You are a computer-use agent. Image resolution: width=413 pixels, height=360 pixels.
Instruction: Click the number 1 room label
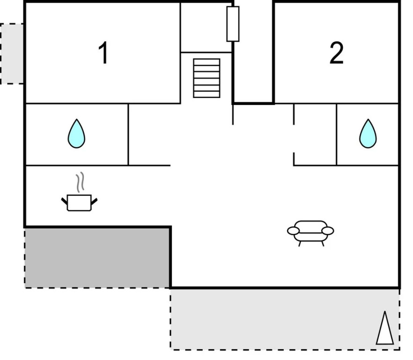[x=103, y=53]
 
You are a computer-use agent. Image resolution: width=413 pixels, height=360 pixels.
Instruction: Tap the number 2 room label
[x=336, y=53]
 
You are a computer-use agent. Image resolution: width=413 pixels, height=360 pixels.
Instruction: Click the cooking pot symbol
[x=80, y=202]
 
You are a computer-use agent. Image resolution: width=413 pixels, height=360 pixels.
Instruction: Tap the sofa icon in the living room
[x=310, y=231]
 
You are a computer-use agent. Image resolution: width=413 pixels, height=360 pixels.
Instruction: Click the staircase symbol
[x=206, y=78]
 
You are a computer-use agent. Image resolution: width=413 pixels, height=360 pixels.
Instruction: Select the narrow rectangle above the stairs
[x=233, y=24]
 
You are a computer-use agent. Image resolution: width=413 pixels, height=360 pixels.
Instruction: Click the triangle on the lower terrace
[x=385, y=329]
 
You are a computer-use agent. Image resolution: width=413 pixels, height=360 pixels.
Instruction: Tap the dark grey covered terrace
[x=97, y=257]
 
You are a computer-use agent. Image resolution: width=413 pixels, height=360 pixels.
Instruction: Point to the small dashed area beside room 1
[x=11, y=53]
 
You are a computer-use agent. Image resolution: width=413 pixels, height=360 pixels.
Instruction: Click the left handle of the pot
[x=65, y=202]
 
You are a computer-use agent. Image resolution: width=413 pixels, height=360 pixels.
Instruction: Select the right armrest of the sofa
[x=328, y=231]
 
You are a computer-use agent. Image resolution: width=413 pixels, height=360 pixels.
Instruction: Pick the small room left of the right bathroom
[x=315, y=135]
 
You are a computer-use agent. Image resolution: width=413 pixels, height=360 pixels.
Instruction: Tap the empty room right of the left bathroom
[x=149, y=135]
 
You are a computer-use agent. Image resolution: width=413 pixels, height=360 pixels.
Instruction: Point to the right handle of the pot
[x=95, y=202]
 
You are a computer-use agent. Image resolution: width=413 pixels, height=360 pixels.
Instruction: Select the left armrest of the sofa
[x=293, y=231]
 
